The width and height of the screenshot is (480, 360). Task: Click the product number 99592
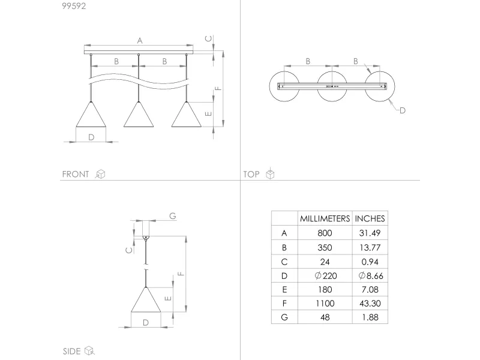click(x=73, y=7)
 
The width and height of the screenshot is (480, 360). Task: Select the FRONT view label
click(x=76, y=175)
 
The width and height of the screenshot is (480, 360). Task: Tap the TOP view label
click(x=251, y=175)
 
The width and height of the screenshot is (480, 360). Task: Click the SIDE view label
click(x=72, y=351)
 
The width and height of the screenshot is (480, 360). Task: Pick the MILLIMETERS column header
click(x=325, y=219)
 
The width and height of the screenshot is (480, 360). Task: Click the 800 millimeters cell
click(x=325, y=233)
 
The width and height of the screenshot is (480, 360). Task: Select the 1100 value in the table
click(x=325, y=304)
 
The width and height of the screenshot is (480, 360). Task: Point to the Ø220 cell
click(x=325, y=275)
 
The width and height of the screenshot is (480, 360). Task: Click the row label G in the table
click(x=284, y=317)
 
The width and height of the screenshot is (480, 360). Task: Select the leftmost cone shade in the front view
click(x=91, y=115)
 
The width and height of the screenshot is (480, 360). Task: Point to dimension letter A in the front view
click(x=139, y=41)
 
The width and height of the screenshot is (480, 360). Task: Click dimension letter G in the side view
click(x=172, y=216)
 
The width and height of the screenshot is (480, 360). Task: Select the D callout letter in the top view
click(x=403, y=110)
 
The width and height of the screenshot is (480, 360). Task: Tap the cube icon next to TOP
click(x=270, y=175)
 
